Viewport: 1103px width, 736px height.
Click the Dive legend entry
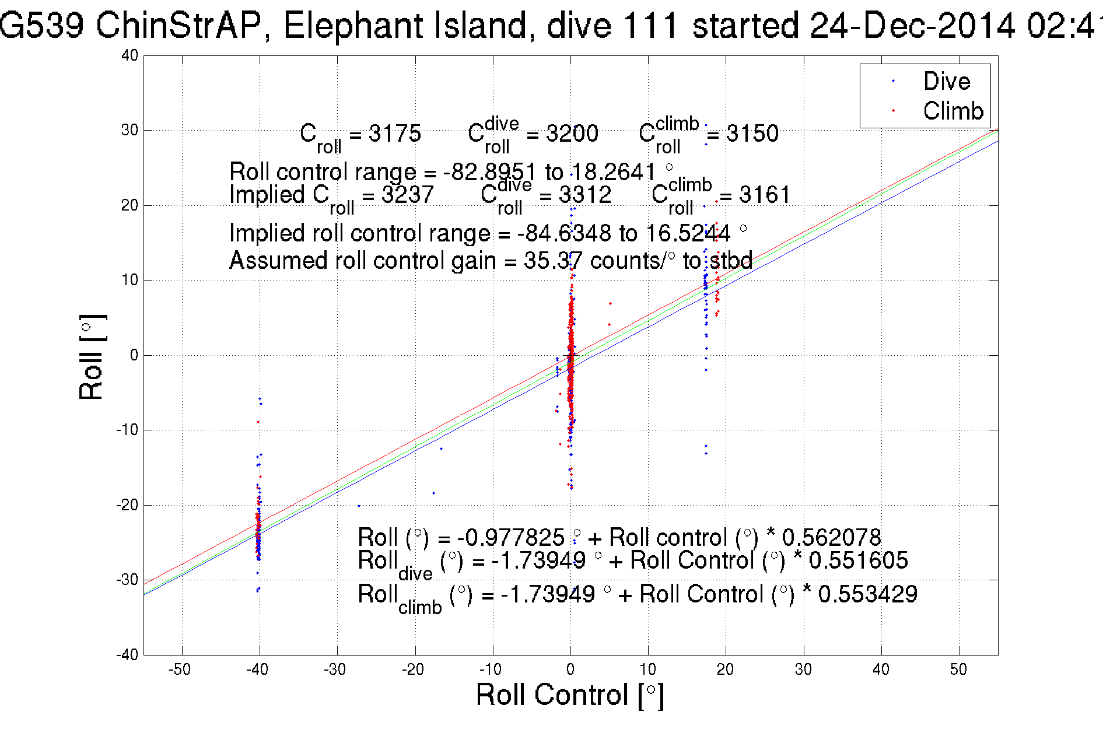tap(946, 81)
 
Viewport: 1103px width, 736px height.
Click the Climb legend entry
tap(953, 111)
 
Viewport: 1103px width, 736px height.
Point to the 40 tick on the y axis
tap(130, 55)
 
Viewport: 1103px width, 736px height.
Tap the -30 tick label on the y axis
tap(127, 580)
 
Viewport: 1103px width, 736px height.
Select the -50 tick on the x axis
tap(180, 669)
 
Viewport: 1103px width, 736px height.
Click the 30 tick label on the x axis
tap(803, 669)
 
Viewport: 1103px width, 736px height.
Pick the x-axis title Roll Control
tap(569, 695)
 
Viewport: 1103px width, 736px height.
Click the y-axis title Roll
tap(92, 358)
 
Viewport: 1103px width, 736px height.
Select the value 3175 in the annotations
tap(394, 134)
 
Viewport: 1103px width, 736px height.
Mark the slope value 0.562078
tap(831, 537)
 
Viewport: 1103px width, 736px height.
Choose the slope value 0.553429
tap(867, 594)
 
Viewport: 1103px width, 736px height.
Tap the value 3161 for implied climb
tap(764, 195)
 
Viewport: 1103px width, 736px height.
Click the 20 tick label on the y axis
tap(130, 205)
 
